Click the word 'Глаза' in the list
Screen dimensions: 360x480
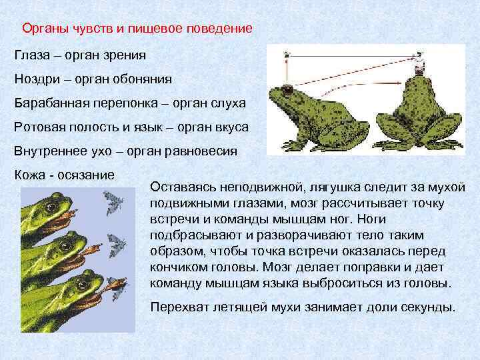(x=31, y=54)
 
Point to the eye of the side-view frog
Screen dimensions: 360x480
(x=287, y=90)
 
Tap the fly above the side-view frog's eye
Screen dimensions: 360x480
(x=287, y=55)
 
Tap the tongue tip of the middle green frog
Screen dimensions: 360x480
(x=97, y=251)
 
